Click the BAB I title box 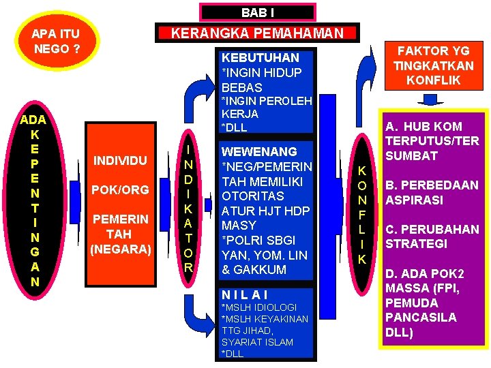click(x=257, y=12)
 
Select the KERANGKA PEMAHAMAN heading click(x=257, y=33)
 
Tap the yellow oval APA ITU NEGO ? click(x=56, y=41)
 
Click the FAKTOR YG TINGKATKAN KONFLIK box click(x=433, y=65)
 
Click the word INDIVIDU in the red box click(x=120, y=161)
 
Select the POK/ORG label click(x=120, y=190)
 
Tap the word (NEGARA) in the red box click(x=120, y=249)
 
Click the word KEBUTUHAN click(x=261, y=58)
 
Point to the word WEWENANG click(x=259, y=152)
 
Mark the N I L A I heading click(x=245, y=295)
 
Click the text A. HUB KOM click(x=423, y=126)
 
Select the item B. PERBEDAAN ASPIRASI click(x=432, y=193)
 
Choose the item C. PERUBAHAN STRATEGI click(x=432, y=236)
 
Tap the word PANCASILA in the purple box click(x=421, y=318)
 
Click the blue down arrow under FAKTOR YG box click(x=432, y=100)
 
